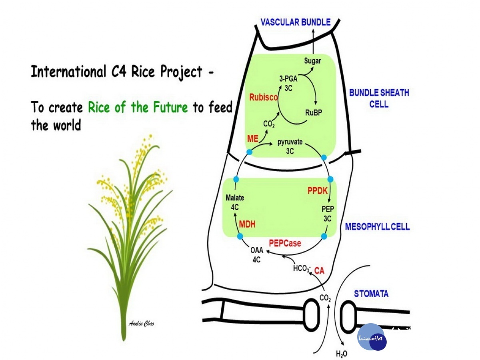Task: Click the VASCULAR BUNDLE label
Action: [x=296, y=22]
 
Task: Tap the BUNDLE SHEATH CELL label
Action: [x=379, y=98]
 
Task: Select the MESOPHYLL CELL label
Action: [x=377, y=227]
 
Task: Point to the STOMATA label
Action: [x=371, y=294]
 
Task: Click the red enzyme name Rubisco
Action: [x=264, y=97]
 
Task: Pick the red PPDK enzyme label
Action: [x=318, y=191]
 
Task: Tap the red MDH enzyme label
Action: [x=247, y=224]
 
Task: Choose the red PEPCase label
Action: [x=285, y=243]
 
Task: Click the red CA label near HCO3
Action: [x=319, y=271]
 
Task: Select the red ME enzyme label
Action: [x=252, y=138]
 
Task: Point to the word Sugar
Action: [x=312, y=61]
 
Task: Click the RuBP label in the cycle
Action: [x=314, y=113]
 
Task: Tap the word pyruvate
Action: [x=290, y=142]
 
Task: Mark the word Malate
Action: [x=235, y=198]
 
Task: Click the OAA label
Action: [x=257, y=250]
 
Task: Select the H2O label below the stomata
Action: [x=341, y=354]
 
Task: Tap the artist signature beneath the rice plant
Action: [x=141, y=324]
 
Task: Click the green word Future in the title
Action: [x=170, y=107]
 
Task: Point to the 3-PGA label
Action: [x=288, y=79]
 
